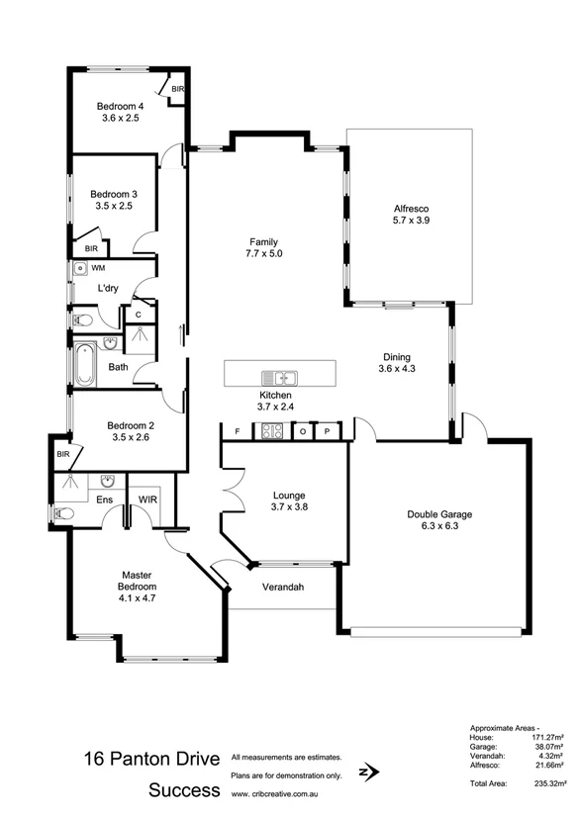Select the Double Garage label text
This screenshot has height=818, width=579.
439,514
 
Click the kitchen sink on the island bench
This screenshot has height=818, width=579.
280,377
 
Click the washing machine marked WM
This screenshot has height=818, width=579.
79,268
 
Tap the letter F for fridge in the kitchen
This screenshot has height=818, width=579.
237,431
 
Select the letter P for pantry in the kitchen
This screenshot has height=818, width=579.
327,431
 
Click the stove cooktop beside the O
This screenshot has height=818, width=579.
270,431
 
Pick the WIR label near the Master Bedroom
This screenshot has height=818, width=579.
148,500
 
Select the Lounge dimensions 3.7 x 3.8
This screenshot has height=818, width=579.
290,507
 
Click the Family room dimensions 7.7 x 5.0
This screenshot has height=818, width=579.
263,253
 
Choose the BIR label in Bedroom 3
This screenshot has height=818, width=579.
90,249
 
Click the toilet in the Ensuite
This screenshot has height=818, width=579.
63,513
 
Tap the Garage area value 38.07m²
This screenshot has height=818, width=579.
544,748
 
